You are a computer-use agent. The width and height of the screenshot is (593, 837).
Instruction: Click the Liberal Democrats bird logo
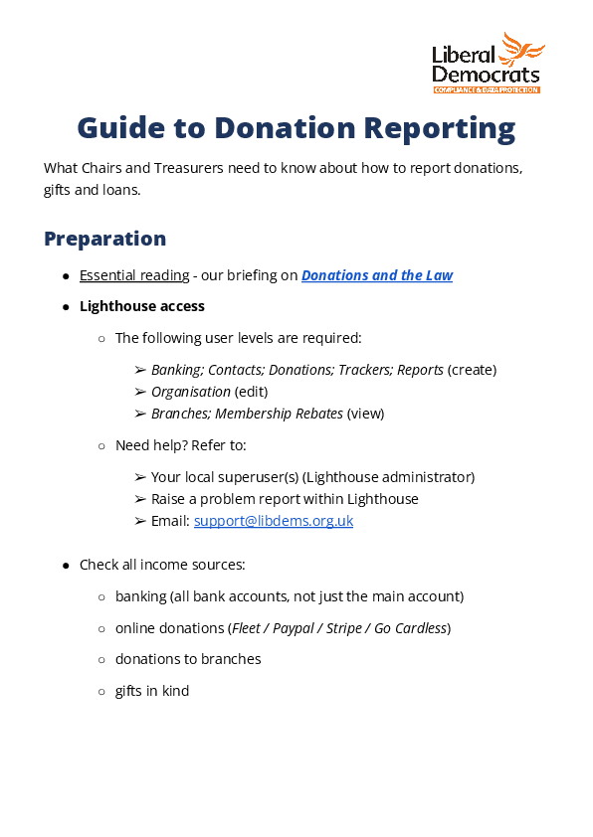pos(521,50)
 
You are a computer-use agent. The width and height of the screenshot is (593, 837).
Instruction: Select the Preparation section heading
pos(104,239)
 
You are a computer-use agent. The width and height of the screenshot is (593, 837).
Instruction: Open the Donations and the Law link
pos(377,275)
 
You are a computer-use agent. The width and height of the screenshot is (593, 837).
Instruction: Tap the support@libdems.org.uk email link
pos(274,520)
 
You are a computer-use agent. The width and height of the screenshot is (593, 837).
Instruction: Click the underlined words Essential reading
pos(134,275)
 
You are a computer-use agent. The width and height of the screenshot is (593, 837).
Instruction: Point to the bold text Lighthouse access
pos(142,306)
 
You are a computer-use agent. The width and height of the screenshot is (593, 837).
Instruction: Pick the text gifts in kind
pos(151,691)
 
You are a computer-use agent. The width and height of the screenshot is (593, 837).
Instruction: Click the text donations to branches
pos(188,659)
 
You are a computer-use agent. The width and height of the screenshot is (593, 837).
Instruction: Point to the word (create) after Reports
pos(472,370)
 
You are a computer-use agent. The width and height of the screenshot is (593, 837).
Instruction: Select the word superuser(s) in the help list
pos(255,477)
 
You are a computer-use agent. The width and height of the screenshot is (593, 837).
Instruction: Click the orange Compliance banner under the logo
pos(487,89)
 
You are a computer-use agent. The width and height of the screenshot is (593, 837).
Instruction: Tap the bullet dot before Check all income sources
pos(66,566)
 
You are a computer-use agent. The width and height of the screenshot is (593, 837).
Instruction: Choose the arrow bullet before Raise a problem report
pos(140,499)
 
